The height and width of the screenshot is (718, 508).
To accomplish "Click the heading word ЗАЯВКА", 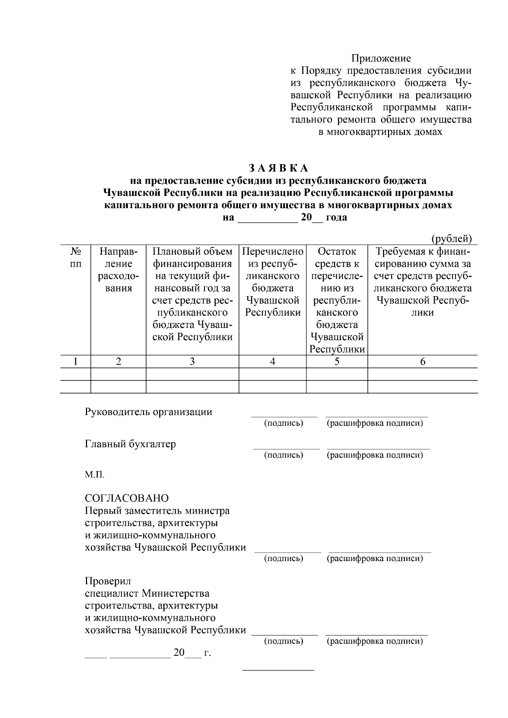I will [x=279, y=168].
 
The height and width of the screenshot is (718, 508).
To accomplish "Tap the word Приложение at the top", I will [x=381, y=58].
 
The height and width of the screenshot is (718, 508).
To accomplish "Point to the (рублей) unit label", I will [x=451, y=239].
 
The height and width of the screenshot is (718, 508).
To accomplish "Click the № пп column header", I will [x=75, y=258].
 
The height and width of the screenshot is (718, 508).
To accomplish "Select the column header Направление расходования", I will [x=118, y=270].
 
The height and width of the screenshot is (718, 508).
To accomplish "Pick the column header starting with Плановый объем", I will [x=192, y=294].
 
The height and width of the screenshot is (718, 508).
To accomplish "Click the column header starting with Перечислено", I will [x=273, y=282].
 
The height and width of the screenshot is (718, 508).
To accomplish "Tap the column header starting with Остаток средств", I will [x=337, y=300].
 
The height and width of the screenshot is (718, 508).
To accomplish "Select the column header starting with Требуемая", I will [x=422, y=282].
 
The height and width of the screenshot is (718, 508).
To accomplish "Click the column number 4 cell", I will [x=273, y=362].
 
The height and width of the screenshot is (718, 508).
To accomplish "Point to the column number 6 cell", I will [x=422, y=362].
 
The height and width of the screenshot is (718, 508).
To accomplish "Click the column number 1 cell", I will [x=75, y=362].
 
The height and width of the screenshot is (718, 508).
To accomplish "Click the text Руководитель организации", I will [x=149, y=412].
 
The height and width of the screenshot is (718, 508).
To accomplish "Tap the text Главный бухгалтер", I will [x=130, y=444].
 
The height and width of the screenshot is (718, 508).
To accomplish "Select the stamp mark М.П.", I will [x=94, y=475].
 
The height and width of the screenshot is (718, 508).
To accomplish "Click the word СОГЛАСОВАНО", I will [x=127, y=498].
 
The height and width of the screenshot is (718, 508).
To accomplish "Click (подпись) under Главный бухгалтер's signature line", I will [x=284, y=455].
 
